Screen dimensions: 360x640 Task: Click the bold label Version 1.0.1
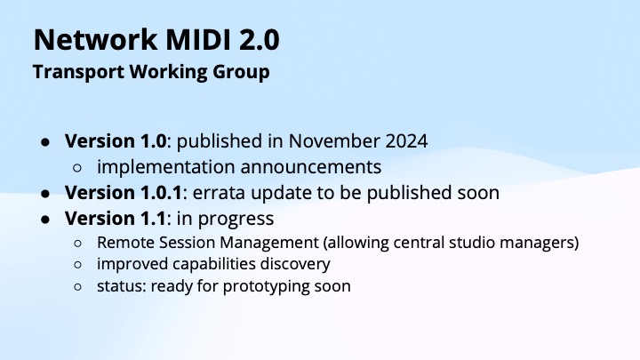(115, 192)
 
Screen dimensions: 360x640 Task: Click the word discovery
(289, 264)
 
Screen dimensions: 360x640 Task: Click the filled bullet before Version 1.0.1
(45, 192)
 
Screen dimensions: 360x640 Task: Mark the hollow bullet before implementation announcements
(78, 167)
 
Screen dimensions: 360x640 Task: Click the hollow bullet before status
(78, 287)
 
